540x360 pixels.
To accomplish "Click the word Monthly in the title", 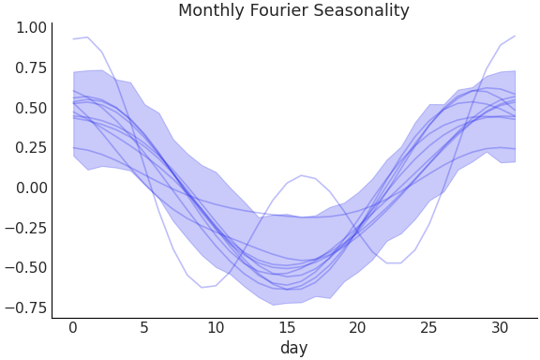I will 209,11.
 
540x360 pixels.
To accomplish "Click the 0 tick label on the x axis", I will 73,328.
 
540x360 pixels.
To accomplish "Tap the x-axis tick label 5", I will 144,328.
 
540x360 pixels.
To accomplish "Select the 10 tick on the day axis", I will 216,328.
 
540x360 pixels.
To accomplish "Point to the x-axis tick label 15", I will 287,328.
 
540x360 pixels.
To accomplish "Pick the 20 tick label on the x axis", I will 358,328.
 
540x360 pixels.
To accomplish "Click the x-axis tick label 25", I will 429,328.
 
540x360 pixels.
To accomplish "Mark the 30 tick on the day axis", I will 501,328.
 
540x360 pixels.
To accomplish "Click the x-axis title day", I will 293,349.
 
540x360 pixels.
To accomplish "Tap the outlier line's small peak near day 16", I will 301,175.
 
